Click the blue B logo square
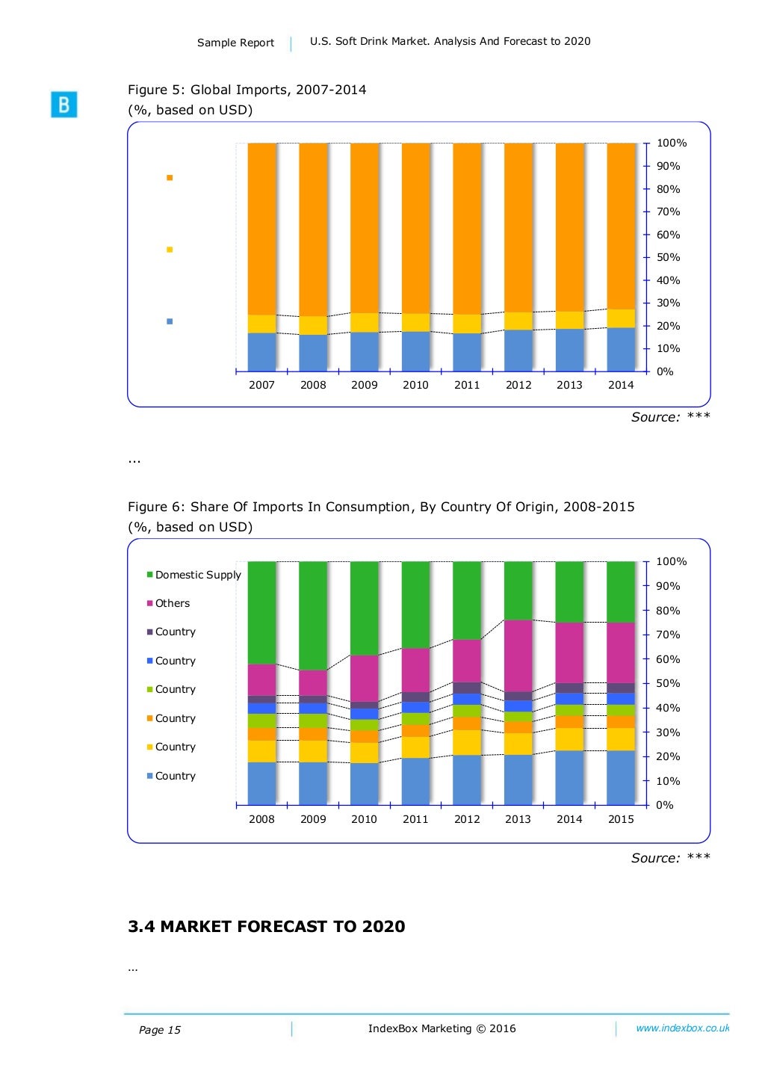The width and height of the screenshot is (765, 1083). tap(64, 105)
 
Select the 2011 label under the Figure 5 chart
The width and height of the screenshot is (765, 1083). tap(467, 385)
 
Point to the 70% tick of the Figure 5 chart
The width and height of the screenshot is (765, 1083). tap(668, 212)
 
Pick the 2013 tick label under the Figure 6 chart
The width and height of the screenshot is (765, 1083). tap(518, 819)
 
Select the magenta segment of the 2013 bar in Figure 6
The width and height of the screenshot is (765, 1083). tap(518, 656)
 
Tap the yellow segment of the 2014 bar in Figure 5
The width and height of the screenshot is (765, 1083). tap(621, 318)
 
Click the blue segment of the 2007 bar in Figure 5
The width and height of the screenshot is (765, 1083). tap(261, 352)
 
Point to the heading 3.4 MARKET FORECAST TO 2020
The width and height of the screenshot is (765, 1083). tap(267, 927)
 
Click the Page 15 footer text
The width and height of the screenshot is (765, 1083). tap(160, 1030)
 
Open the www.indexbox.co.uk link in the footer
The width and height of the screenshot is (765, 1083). tap(682, 1028)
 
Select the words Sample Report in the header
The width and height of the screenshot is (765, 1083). tap(235, 43)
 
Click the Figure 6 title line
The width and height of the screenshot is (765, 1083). tap(381, 507)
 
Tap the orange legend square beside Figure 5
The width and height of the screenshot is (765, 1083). tap(170, 178)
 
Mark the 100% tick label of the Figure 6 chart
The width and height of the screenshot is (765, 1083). tap(671, 562)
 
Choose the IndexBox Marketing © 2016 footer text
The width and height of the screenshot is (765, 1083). tap(442, 1028)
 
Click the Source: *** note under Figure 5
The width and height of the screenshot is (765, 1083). tap(670, 417)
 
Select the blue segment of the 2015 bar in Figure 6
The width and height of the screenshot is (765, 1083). tap(621, 777)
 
